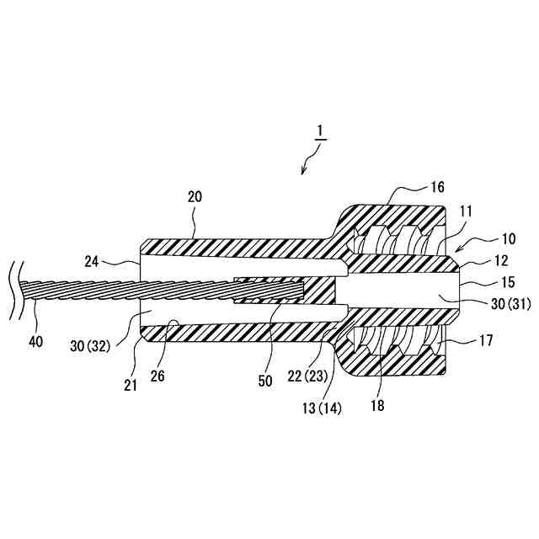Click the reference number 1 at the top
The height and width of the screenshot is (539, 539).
(320, 131)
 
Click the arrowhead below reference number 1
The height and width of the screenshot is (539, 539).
(304, 171)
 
